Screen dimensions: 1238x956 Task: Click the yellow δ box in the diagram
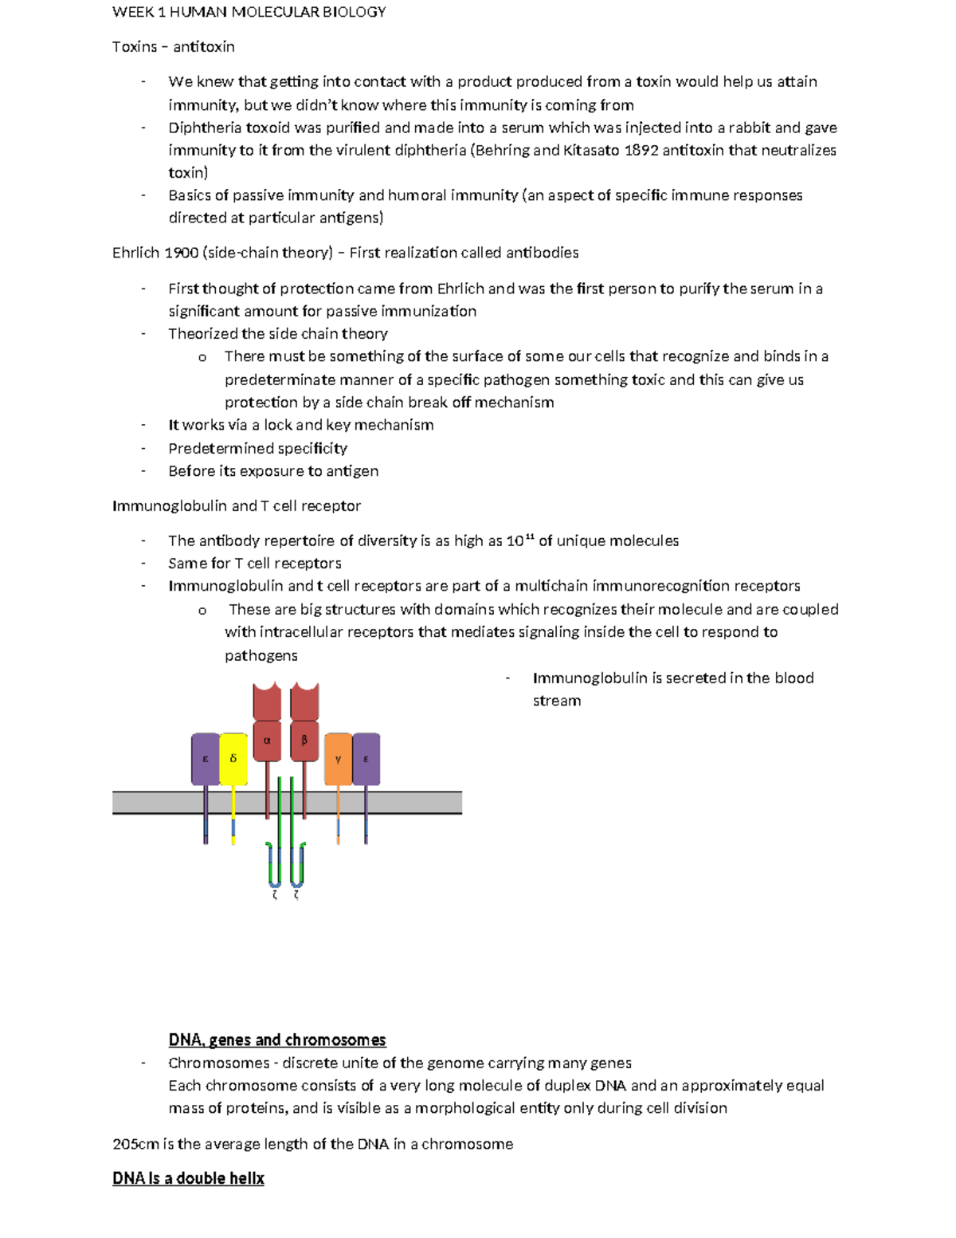pos(233,758)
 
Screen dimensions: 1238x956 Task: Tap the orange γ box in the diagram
pos(338,759)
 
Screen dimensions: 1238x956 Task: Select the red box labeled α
pos(267,741)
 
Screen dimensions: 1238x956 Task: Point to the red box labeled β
pos(304,741)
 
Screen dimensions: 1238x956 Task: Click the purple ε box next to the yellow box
pos(206,759)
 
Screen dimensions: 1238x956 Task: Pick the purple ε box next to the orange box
pos(366,759)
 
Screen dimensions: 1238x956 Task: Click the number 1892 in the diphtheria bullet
pos(641,150)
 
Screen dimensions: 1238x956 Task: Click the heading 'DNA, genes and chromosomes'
pos(277,1040)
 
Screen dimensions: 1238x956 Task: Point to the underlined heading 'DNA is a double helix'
pos(188,1178)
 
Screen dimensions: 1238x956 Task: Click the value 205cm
pos(135,1144)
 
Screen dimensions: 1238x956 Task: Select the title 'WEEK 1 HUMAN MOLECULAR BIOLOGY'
pos(249,12)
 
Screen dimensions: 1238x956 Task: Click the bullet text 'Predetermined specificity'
pos(257,448)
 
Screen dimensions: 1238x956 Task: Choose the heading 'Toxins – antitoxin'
pos(174,46)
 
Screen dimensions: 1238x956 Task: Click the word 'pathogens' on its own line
pos(261,655)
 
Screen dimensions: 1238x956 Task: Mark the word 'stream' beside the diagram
pos(557,701)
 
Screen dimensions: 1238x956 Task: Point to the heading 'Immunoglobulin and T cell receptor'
pos(237,505)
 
